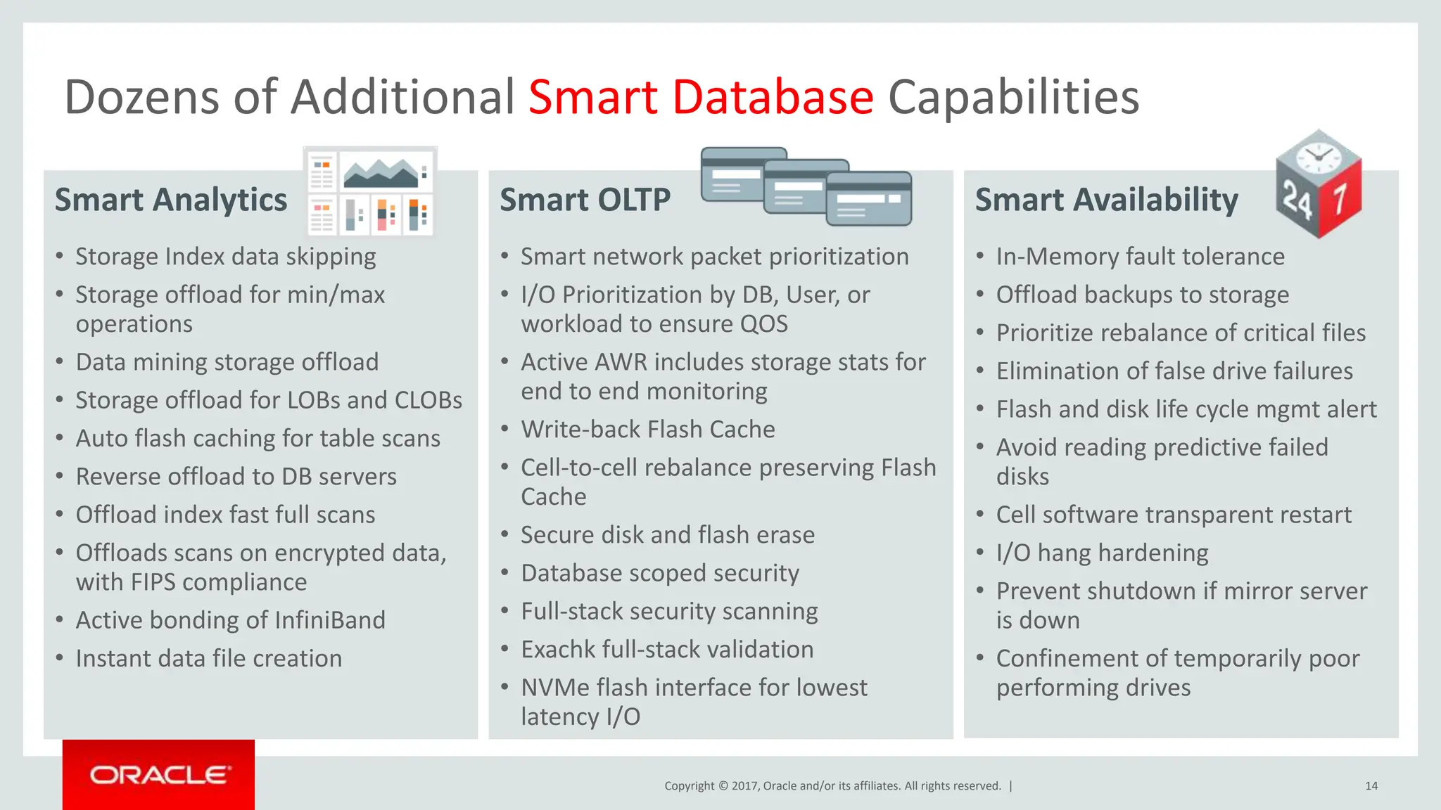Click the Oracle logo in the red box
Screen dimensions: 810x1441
tap(159, 775)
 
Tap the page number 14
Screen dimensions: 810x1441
tap(1371, 786)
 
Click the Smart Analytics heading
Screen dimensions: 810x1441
tap(171, 200)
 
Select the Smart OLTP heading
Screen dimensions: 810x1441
tap(585, 200)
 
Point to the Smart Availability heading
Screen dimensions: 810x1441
tap(1106, 200)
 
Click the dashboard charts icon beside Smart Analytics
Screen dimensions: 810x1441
tap(371, 191)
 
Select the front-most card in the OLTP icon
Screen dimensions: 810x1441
tap(869, 200)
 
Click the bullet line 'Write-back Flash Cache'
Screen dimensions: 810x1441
tap(647, 430)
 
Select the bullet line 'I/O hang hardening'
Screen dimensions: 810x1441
tap(1102, 553)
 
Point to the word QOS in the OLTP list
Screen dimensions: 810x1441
tap(763, 324)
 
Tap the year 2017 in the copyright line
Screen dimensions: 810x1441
tap(744, 786)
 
